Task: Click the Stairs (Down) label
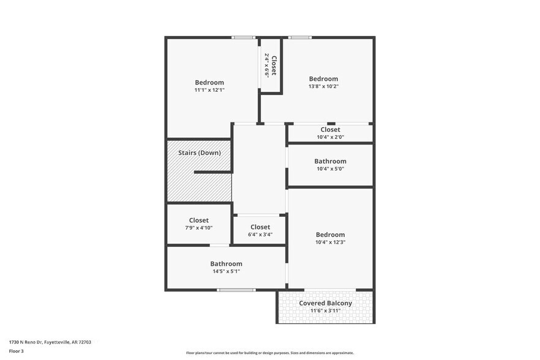(199, 152)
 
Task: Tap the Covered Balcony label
(325, 303)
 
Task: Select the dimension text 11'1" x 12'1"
(209, 90)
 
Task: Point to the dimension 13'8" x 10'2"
(323, 86)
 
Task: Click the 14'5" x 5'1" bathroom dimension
(226, 271)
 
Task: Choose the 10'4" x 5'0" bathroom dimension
(330, 169)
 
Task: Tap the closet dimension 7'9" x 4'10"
(198, 228)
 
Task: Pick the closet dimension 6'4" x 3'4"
(260, 234)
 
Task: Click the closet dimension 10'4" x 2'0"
(330, 137)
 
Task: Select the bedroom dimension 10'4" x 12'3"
(330, 242)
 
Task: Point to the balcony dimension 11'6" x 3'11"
(325, 311)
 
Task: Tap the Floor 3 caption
(17, 351)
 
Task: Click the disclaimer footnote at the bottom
(269, 353)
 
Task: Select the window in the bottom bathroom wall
(236, 290)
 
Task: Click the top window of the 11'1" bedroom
(243, 38)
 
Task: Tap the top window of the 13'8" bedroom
(300, 38)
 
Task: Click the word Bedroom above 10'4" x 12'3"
(330, 234)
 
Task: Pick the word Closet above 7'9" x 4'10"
(198, 220)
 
